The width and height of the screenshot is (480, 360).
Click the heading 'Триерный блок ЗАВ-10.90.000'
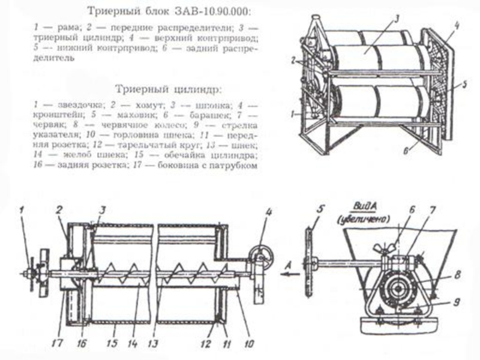tap(170, 12)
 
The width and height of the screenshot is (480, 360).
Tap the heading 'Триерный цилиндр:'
tap(170, 88)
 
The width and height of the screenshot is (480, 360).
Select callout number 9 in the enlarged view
tap(458, 303)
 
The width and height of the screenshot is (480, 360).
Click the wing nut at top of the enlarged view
tap(384, 247)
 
